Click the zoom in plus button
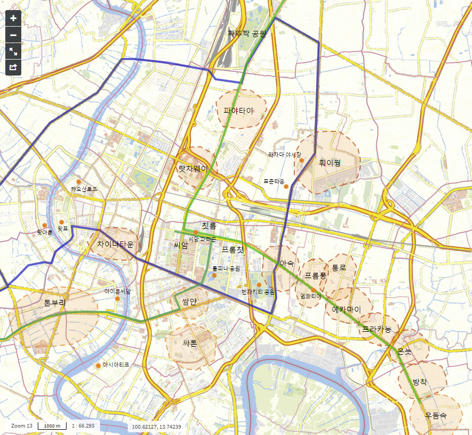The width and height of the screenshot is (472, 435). (x=13, y=18)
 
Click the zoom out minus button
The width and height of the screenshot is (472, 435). (x=13, y=35)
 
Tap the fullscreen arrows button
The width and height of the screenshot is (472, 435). (x=13, y=52)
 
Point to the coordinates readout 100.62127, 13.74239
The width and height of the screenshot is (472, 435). (x=156, y=426)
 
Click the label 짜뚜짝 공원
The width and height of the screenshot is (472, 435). (x=246, y=34)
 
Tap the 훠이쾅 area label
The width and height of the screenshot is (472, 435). (x=329, y=163)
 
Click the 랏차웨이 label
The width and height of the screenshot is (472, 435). (x=193, y=169)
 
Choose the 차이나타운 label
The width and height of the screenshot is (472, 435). (x=115, y=244)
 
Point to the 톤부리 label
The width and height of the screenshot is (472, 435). (x=55, y=303)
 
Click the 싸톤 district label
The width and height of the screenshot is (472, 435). (x=190, y=344)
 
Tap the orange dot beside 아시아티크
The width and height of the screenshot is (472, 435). (x=98, y=365)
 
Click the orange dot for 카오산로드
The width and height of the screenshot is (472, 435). (x=79, y=181)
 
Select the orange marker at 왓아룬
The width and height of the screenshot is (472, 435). (x=45, y=225)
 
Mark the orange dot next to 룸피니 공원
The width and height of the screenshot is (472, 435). (x=214, y=275)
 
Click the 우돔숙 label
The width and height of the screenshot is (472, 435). (x=436, y=415)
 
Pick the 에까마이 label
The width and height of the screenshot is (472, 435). (x=346, y=309)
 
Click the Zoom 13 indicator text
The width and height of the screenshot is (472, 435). (x=22, y=426)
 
